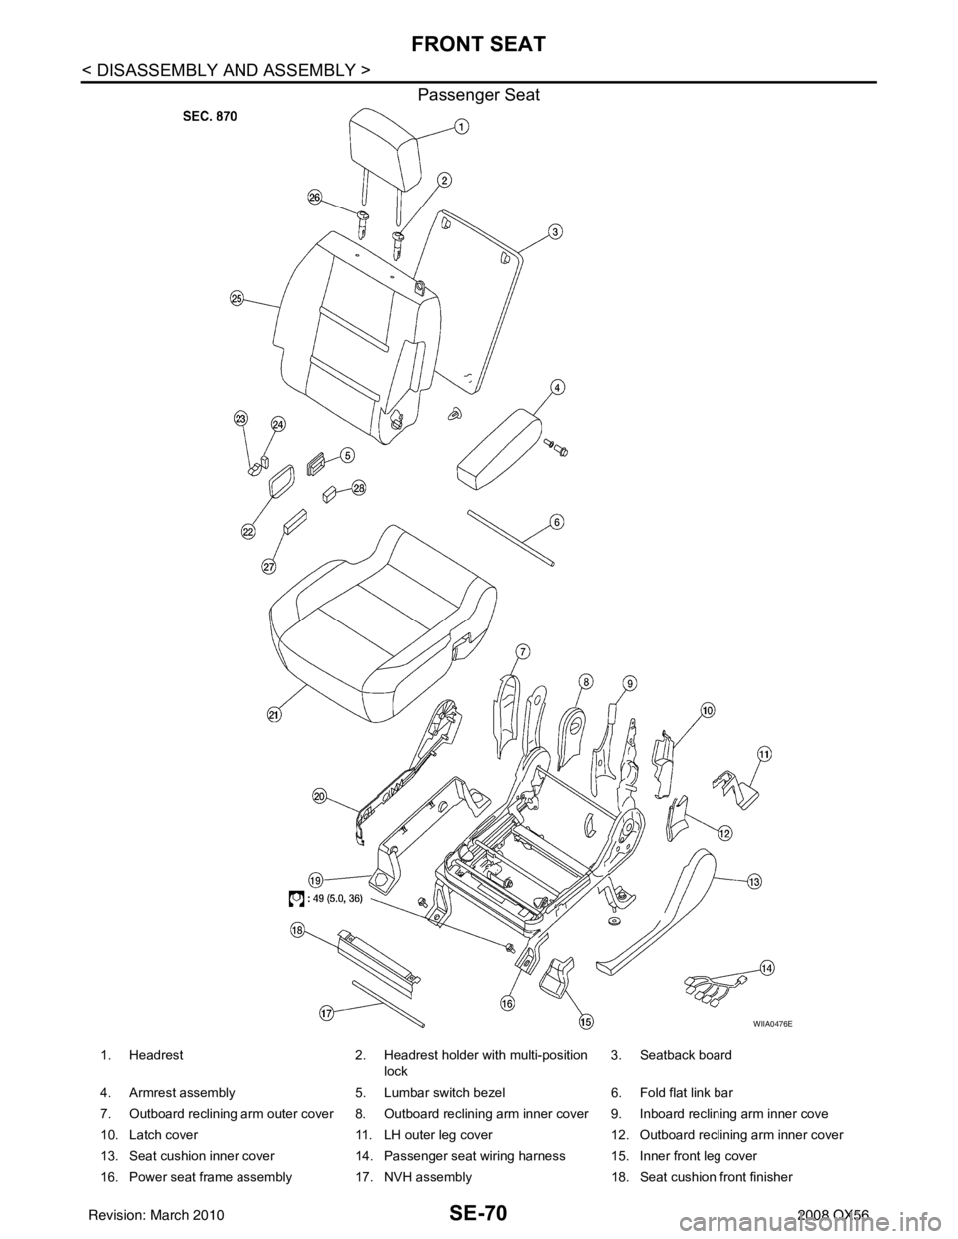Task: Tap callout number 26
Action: tap(314, 198)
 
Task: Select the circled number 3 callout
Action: tap(554, 232)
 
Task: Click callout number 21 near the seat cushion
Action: tap(274, 714)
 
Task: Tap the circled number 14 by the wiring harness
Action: tap(767, 968)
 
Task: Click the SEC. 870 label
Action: tap(210, 116)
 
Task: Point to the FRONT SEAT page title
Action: tap(478, 44)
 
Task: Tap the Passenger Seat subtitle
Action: tap(478, 95)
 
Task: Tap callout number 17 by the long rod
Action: tap(326, 1014)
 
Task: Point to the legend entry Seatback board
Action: tap(686, 1055)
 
